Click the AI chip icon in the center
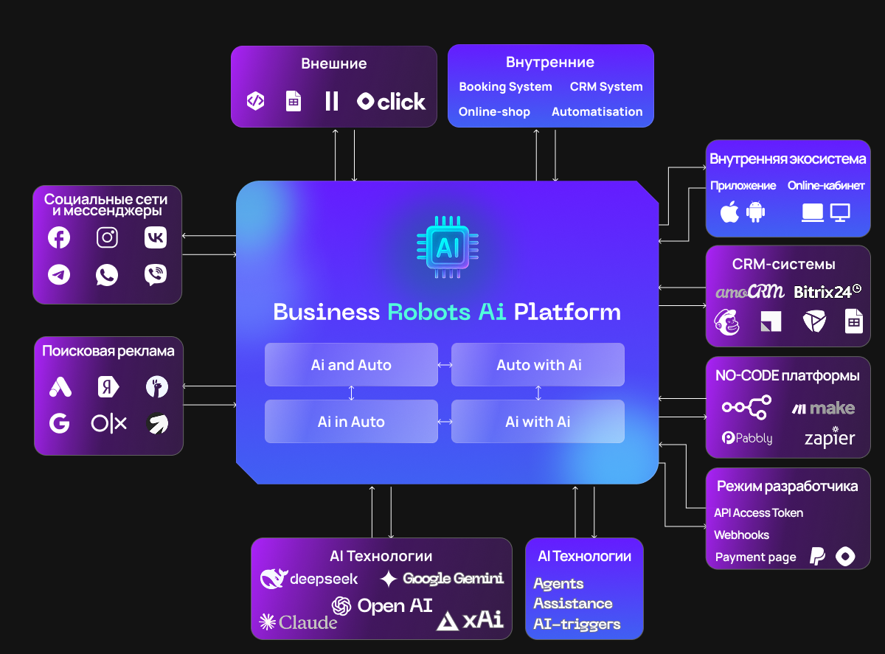(447, 247)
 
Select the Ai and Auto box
(351, 365)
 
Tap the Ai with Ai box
(538, 422)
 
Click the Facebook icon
(59, 237)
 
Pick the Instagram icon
(108, 237)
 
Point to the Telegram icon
(59, 275)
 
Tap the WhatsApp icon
(107, 275)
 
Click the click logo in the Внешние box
(391, 102)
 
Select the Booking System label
(505, 87)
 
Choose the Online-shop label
(494, 112)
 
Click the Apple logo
(729, 213)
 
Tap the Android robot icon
(756, 213)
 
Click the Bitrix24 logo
(827, 292)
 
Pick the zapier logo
(830, 438)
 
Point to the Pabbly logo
(747, 438)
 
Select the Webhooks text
(741, 535)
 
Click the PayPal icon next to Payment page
(817, 557)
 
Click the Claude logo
(299, 623)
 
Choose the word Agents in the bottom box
(558, 584)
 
